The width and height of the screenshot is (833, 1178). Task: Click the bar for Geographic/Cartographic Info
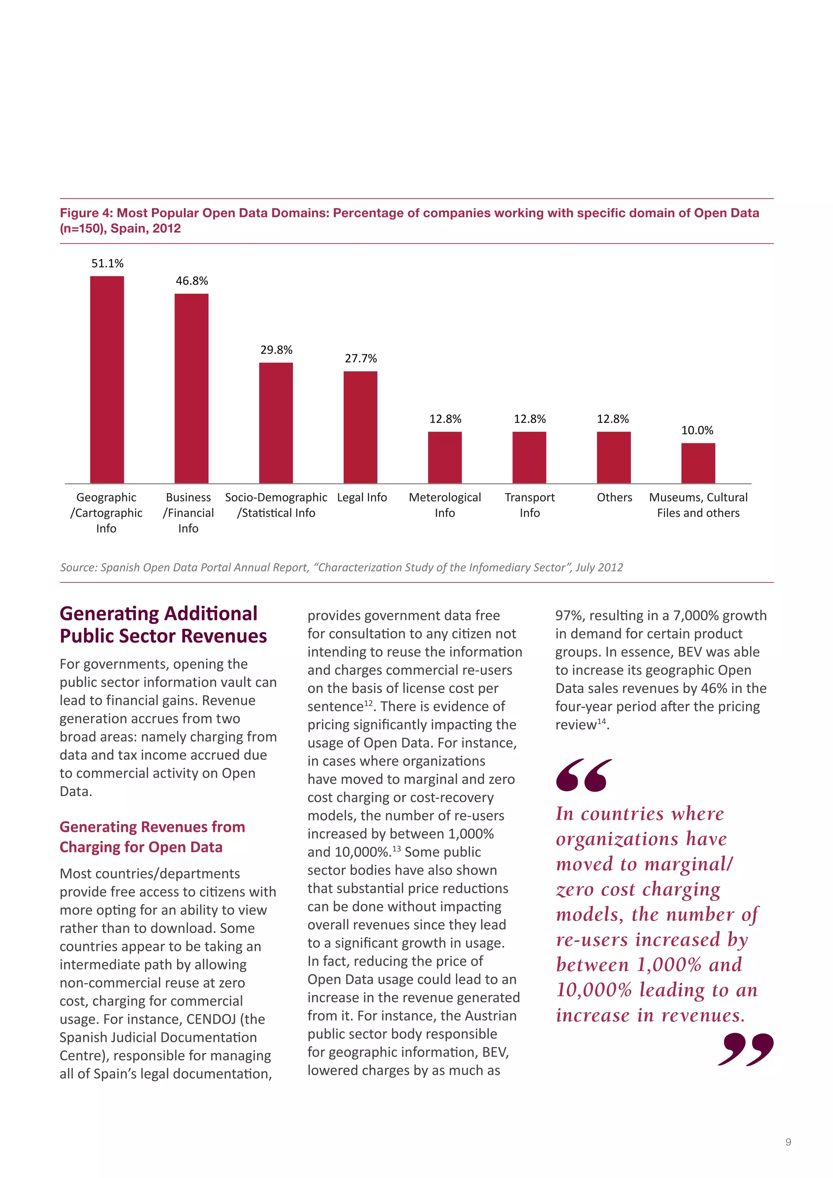107,380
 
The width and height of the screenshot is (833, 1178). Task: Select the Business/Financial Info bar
191,388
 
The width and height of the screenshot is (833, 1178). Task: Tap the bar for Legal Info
360,427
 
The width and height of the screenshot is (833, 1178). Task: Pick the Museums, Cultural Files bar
698,463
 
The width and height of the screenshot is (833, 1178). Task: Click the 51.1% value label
107,263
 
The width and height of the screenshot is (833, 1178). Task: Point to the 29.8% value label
276,350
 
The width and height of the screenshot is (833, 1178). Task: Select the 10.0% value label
697,430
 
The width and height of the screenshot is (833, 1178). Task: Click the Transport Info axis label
529,505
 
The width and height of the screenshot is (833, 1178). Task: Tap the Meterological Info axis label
445,505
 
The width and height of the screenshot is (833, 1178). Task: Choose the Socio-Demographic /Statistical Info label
276,505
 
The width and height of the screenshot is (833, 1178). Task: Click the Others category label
614,497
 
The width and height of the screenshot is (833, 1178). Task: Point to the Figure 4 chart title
409,220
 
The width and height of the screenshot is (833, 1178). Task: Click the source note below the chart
341,567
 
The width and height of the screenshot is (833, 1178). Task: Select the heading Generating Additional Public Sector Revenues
163,624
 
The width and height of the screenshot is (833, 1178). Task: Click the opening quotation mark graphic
583,775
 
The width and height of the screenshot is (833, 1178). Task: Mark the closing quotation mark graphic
745,1050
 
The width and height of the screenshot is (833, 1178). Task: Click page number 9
788,1142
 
